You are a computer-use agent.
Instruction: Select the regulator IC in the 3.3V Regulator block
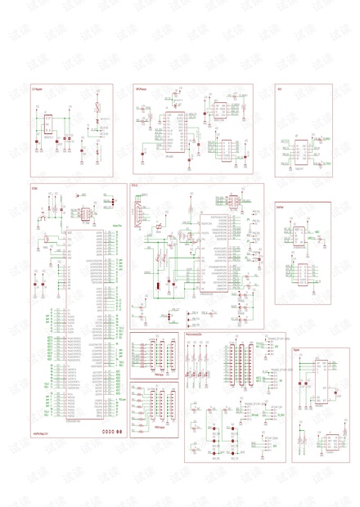pos(47,124)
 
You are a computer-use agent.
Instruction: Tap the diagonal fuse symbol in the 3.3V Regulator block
pos(97,105)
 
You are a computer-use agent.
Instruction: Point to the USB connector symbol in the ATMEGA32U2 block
pos(140,214)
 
